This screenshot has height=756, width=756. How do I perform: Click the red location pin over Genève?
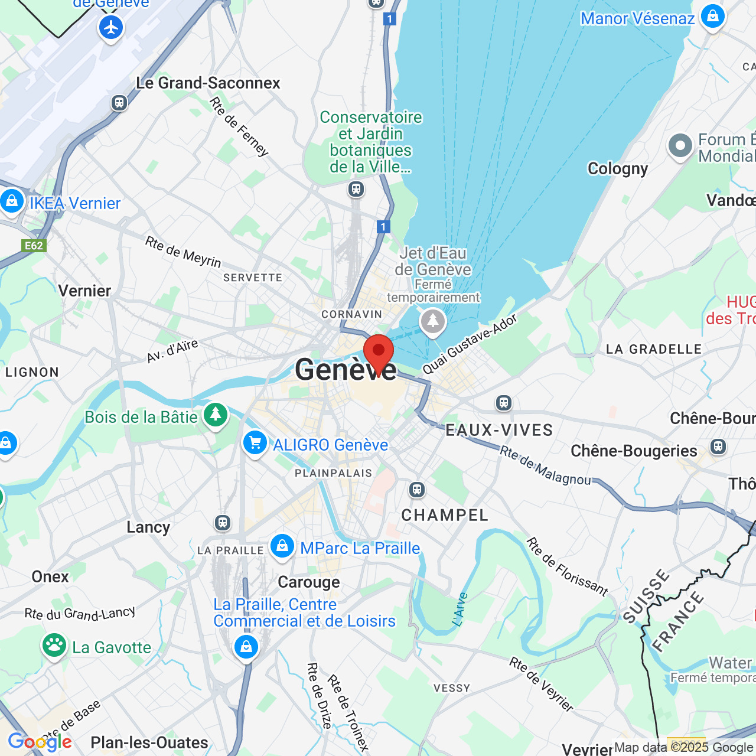pos(378,351)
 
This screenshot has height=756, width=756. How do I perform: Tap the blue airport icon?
pos(110,28)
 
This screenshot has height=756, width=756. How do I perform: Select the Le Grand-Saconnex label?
pos(208,83)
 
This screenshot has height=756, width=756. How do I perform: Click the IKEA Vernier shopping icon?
pos(12,201)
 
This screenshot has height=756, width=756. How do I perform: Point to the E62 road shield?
pos(34,246)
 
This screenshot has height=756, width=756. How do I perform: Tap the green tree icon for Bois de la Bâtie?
pos(216,415)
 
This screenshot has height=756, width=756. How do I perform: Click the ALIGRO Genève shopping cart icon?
pos(255,443)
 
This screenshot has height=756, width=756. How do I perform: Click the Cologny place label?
pos(618,169)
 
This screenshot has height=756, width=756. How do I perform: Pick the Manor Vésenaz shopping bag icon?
pos(712,17)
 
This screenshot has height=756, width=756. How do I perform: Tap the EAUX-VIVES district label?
pos(499,430)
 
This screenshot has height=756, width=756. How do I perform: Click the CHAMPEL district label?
pos(445,516)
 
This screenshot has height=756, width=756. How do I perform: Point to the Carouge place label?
pos(309,582)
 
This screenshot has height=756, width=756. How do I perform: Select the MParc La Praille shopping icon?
pos(282,546)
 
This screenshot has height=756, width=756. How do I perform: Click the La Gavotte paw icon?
pos(54,646)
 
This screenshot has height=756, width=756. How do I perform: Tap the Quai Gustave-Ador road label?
pos(470,344)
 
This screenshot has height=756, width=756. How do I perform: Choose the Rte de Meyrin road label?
pos(183,252)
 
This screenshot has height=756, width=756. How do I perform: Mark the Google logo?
pos(40,742)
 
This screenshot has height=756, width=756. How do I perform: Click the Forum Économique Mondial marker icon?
pos(680,146)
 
